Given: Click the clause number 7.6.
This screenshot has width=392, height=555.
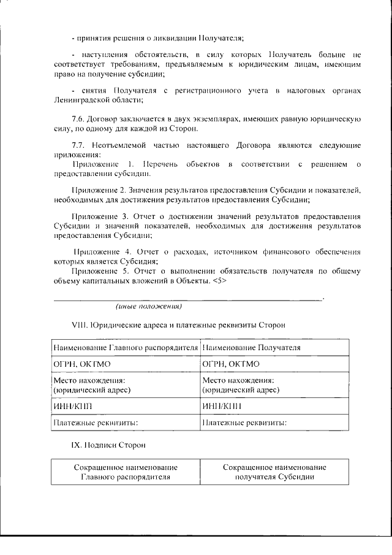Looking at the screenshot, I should (80, 118).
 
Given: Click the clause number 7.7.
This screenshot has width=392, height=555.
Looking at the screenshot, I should (80, 145).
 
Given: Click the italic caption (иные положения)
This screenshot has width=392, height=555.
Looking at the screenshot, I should (149, 305).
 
